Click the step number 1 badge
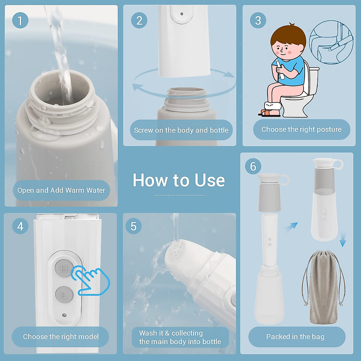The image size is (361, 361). click(20, 20)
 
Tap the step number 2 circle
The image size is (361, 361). click(139, 20)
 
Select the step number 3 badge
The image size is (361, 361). click(258, 20)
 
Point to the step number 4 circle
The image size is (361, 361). click(20, 226)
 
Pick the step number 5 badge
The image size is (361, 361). click(133, 226)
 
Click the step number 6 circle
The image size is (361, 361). click(253, 166)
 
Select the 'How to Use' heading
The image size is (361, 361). click(179, 180)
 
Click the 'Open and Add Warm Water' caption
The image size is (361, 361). click(61, 190)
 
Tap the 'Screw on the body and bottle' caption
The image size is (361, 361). click(181, 130)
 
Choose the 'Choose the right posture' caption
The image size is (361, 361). click(301, 129)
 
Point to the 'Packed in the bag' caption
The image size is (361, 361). click(295, 337)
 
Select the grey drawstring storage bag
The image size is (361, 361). click(323, 287)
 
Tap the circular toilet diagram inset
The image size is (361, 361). click(331, 42)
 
